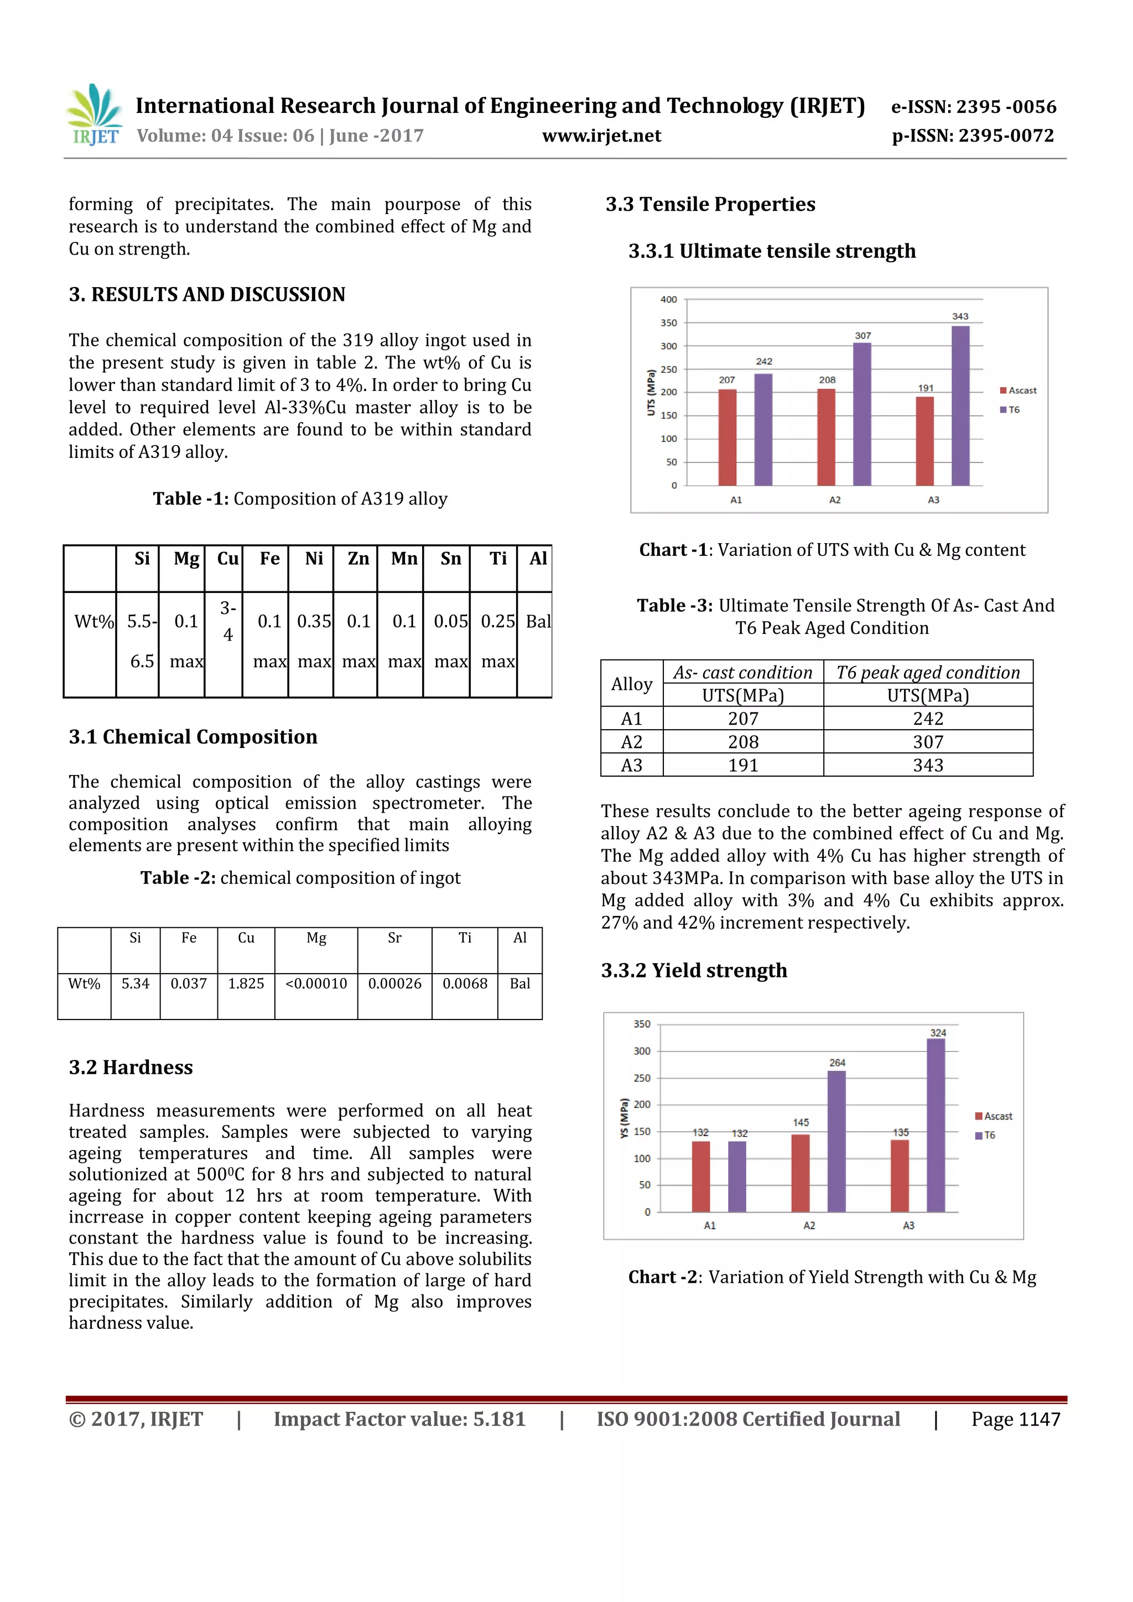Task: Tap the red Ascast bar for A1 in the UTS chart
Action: (727, 437)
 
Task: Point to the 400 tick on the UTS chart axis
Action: (668, 299)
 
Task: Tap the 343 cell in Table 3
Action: (928, 766)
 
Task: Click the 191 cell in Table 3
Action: (743, 766)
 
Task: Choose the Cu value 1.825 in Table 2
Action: (246, 983)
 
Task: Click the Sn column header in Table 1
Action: (451, 558)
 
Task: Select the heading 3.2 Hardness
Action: (131, 1067)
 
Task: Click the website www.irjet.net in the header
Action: (601, 136)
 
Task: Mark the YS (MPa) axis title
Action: (625, 1119)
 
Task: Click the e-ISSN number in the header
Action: (973, 107)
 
